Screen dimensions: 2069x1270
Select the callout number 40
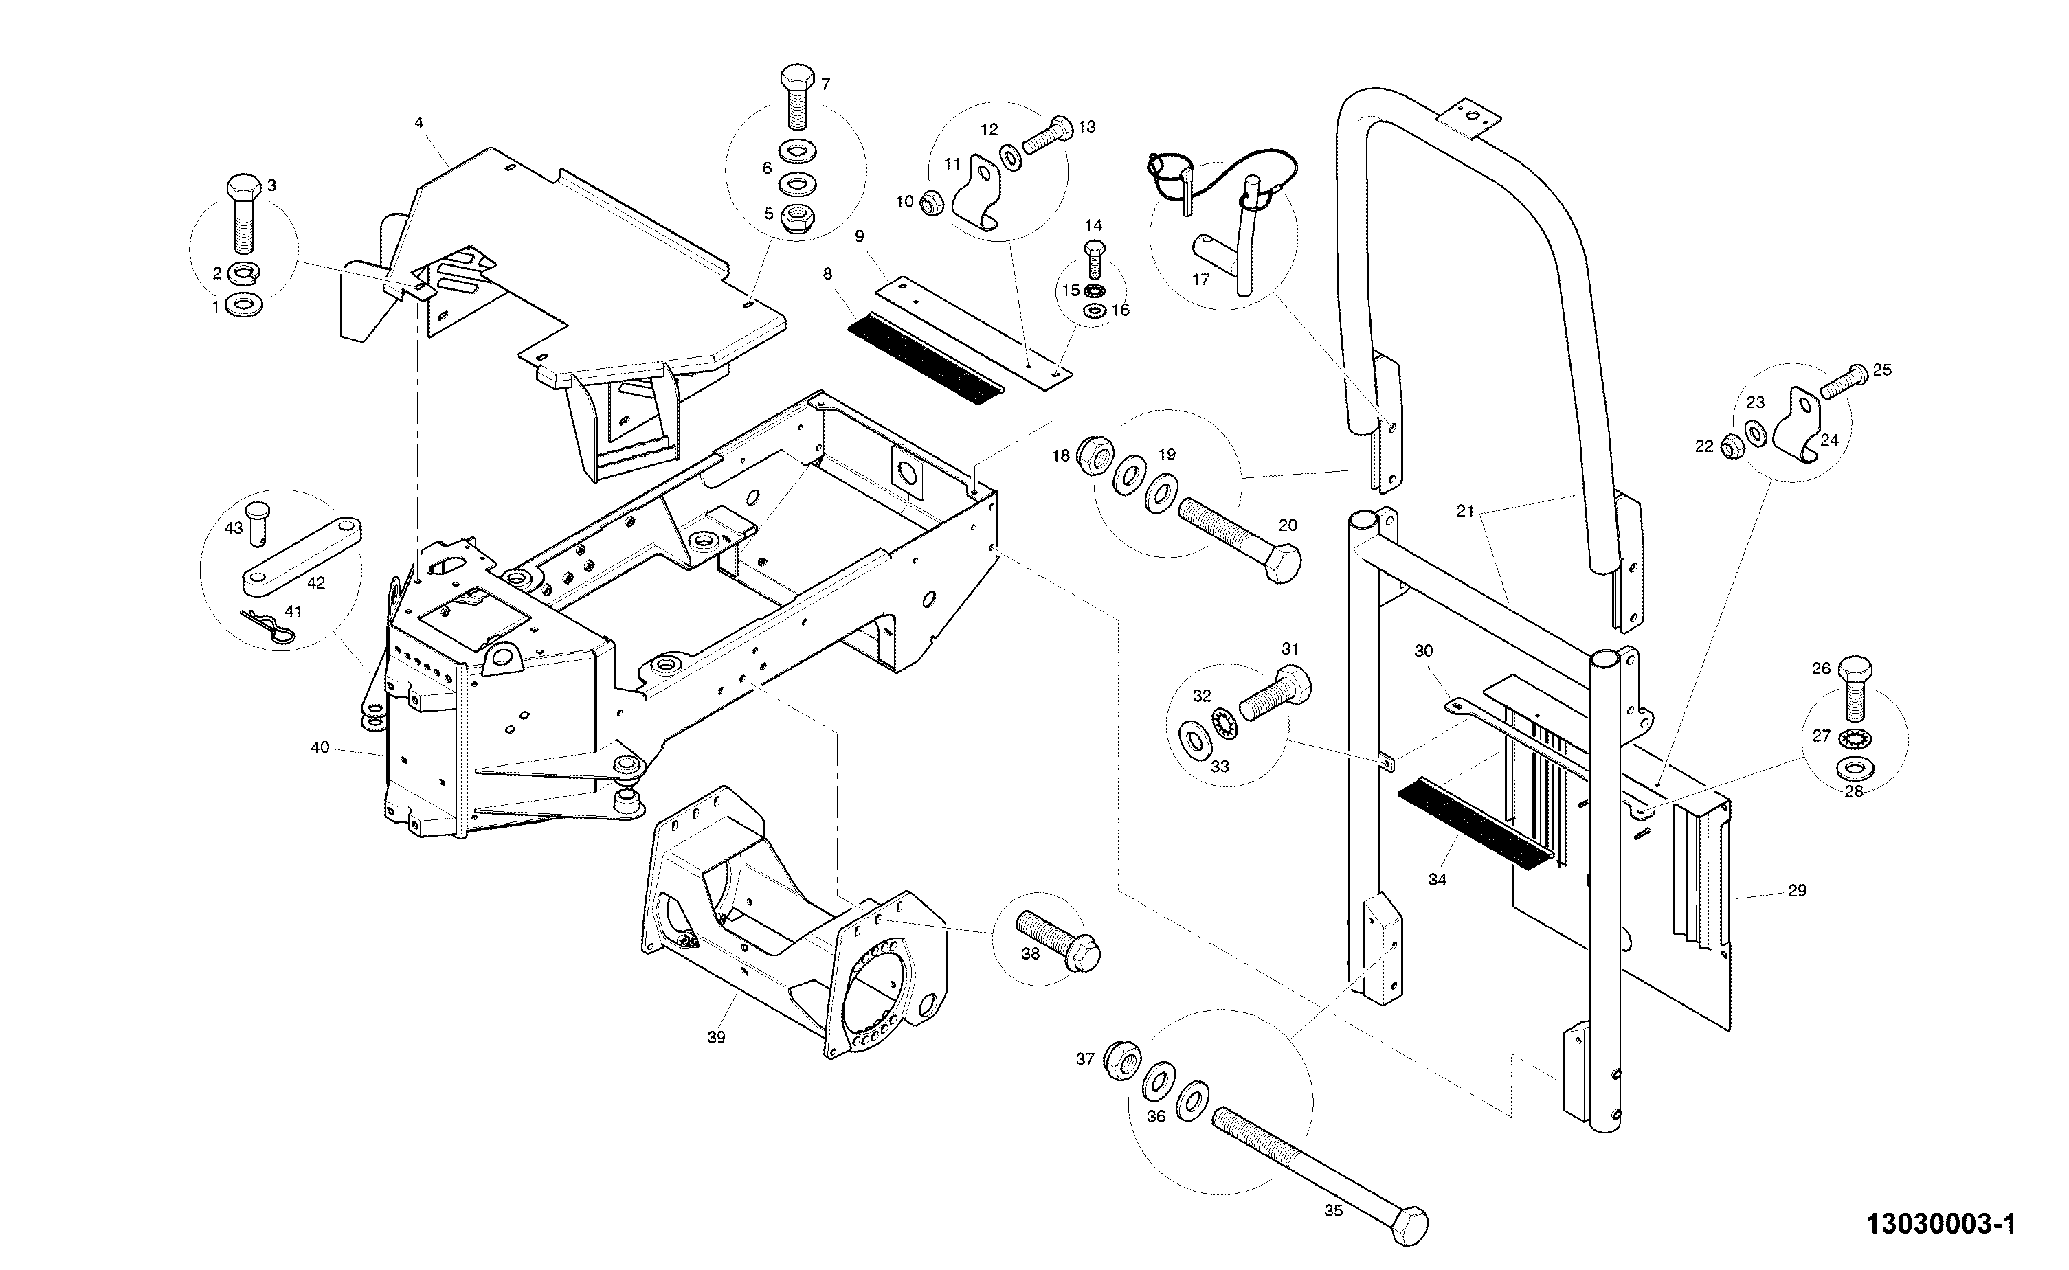point(320,747)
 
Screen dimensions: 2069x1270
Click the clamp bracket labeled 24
point(1801,427)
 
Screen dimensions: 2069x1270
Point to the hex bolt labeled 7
point(797,98)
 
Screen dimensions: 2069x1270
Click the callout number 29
point(1797,890)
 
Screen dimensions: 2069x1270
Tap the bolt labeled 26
point(1855,690)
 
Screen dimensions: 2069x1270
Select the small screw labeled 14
point(1094,260)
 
